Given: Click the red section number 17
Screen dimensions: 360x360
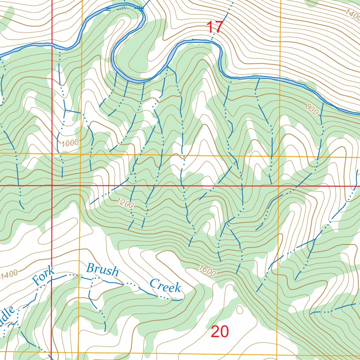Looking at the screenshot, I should point(214,27).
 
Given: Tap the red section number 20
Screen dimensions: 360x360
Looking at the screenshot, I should point(220,332).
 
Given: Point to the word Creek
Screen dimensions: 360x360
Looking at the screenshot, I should point(165,286).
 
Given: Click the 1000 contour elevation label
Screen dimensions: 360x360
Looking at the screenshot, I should point(69,143).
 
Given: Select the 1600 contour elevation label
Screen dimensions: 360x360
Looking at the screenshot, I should point(207,270).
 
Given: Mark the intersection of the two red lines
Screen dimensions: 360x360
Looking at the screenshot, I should point(52,185).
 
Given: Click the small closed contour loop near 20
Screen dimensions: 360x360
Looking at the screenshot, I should point(240,310).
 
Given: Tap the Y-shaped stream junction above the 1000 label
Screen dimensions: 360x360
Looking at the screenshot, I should point(65,110).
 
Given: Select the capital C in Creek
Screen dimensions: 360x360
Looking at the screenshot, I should point(154,283).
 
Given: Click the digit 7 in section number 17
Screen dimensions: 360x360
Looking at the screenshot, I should point(219,27).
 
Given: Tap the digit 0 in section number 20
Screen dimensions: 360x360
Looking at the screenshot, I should point(224,332).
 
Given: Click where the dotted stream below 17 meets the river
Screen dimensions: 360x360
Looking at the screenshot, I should point(212,41).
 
